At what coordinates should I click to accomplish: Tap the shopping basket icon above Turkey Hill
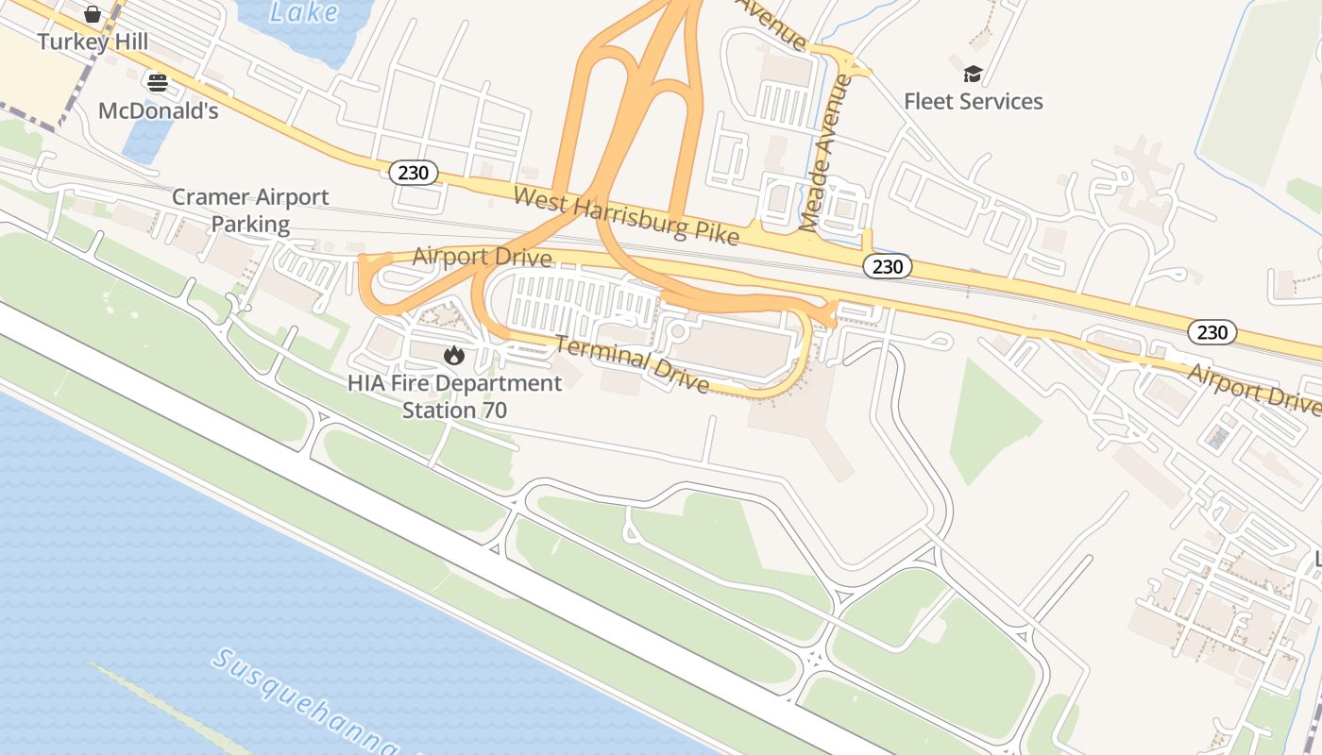pyautogui.click(x=93, y=14)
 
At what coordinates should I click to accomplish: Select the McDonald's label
pyautogui.click(x=159, y=110)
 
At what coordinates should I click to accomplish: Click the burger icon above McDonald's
pyautogui.click(x=158, y=83)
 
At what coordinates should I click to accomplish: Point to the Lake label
pyautogui.click(x=304, y=12)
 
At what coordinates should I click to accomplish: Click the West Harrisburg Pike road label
pyautogui.click(x=626, y=216)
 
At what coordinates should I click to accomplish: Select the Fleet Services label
pyautogui.click(x=974, y=101)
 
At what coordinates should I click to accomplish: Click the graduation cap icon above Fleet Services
pyautogui.click(x=973, y=74)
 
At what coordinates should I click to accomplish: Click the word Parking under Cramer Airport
pyautogui.click(x=250, y=224)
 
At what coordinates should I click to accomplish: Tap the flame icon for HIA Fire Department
pyautogui.click(x=454, y=355)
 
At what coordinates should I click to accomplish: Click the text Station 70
pyautogui.click(x=454, y=411)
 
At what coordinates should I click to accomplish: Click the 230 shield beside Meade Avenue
pyautogui.click(x=888, y=266)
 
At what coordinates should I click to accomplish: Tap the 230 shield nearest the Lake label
pyautogui.click(x=414, y=172)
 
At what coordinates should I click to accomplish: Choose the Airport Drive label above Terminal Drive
pyautogui.click(x=482, y=256)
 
